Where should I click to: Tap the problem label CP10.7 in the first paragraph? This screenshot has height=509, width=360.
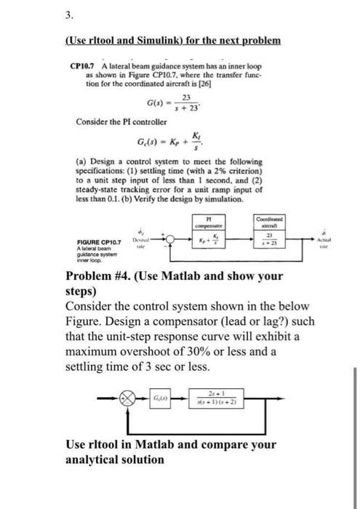(x=83, y=66)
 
